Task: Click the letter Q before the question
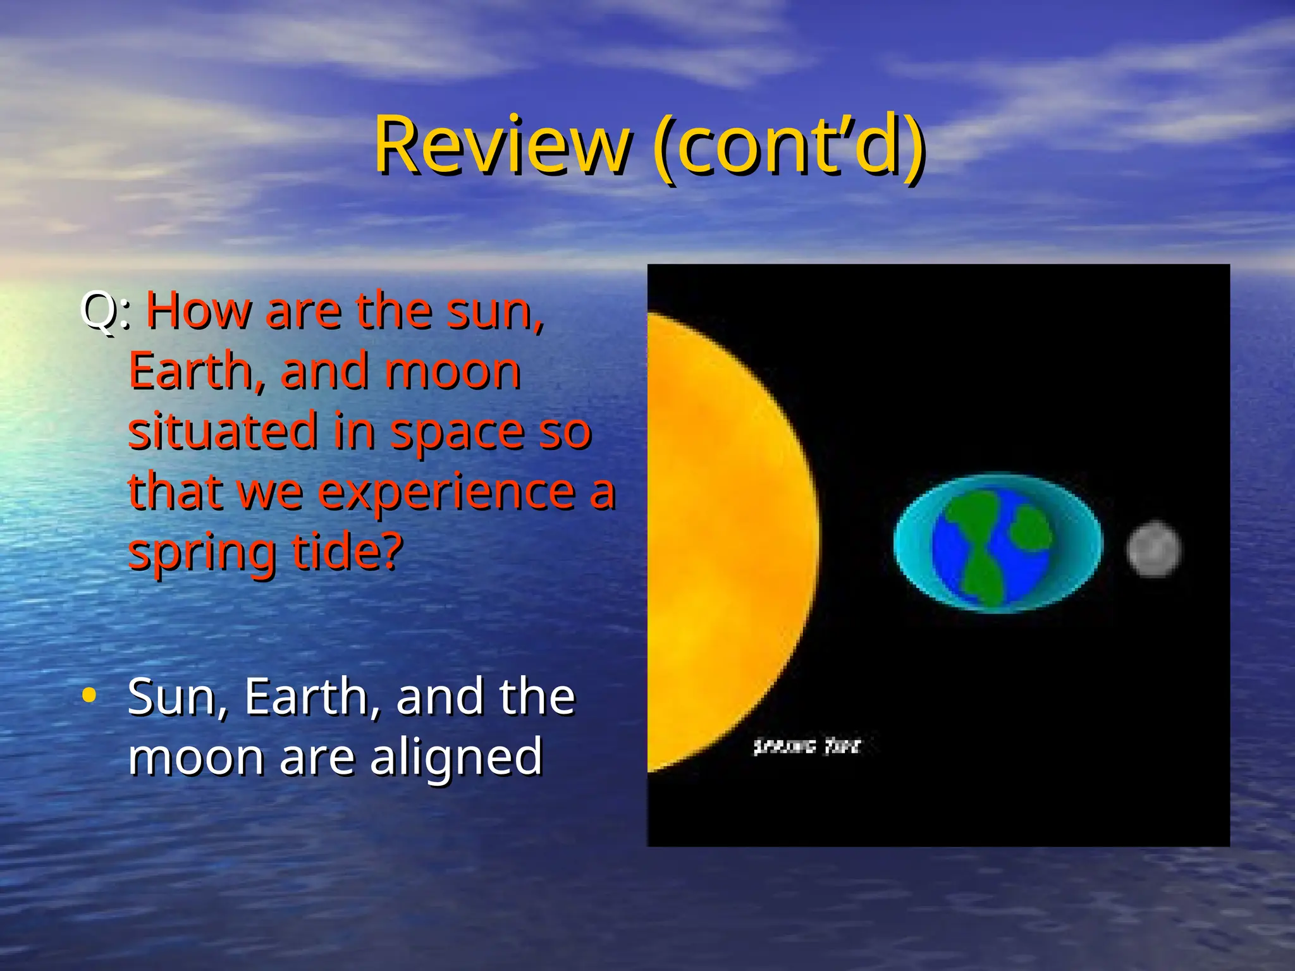tap(100, 311)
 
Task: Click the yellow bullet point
tap(89, 695)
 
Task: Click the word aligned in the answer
tap(456, 757)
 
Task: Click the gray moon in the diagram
tap(1154, 549)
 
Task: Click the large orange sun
tap(721, 544)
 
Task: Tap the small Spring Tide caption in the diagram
tap(807, 747)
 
